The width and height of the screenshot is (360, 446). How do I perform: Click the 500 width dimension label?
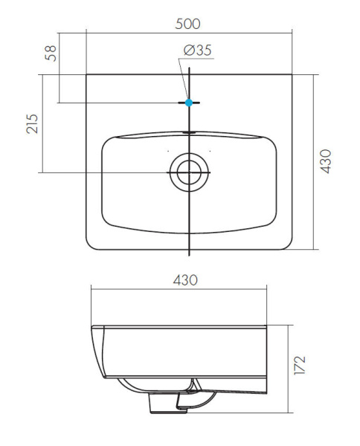[x=188, y=23]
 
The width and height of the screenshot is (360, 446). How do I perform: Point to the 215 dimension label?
[x=32, y=123]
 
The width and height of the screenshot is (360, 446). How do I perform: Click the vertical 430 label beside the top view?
[x=325, y=161]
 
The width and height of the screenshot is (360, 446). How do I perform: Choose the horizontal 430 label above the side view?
[x=184, y=280]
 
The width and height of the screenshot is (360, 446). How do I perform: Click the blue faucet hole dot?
[x=189, y=102]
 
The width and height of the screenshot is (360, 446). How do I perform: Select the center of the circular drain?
[x=189, y=172]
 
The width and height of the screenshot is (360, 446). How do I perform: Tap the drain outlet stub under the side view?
[x=164, y=402]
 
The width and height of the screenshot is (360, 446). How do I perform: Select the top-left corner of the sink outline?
[x=87, y=74]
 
